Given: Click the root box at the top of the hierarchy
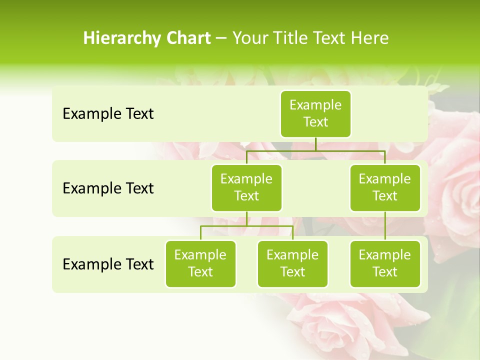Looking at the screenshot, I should pyautogui.click(x=315, y=113).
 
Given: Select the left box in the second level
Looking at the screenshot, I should pyautogui.click(x=246, y=187).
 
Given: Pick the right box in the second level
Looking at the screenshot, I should pyautogui.click(x=385, y=187).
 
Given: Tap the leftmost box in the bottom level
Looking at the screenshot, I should pyautogui.click(x=200, y=263).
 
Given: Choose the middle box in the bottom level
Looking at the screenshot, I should pyautogui.click(x=292, y=263).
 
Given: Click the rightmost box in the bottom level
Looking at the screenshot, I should pyautogui.click(x=385, y=263).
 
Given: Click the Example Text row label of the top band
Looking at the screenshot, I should pyautogui.click(x=108, y=114).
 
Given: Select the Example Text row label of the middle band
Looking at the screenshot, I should pyautogui.click(x=108, y=188).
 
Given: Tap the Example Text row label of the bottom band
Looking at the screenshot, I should pyautogui.click(x=108, y=264).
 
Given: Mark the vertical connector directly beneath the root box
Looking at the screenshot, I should pyautogui.click(x=315, y=144).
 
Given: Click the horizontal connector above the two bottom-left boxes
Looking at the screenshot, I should pyautogui.click(x=246, y=226).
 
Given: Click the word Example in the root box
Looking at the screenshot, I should pyautogui.click(x=315, y=105).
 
